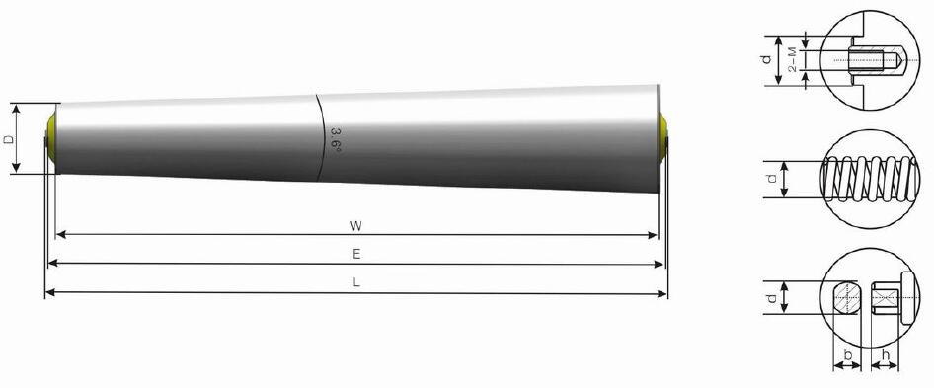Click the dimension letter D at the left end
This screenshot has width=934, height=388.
click(10, 139)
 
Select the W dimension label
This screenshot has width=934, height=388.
click(355, 225)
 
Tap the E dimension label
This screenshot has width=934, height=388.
click(356, 255)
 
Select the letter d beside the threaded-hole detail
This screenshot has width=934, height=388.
click(767, 60)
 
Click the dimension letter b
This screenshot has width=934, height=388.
click(846, 353)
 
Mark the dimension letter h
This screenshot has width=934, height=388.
click(885, 353)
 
